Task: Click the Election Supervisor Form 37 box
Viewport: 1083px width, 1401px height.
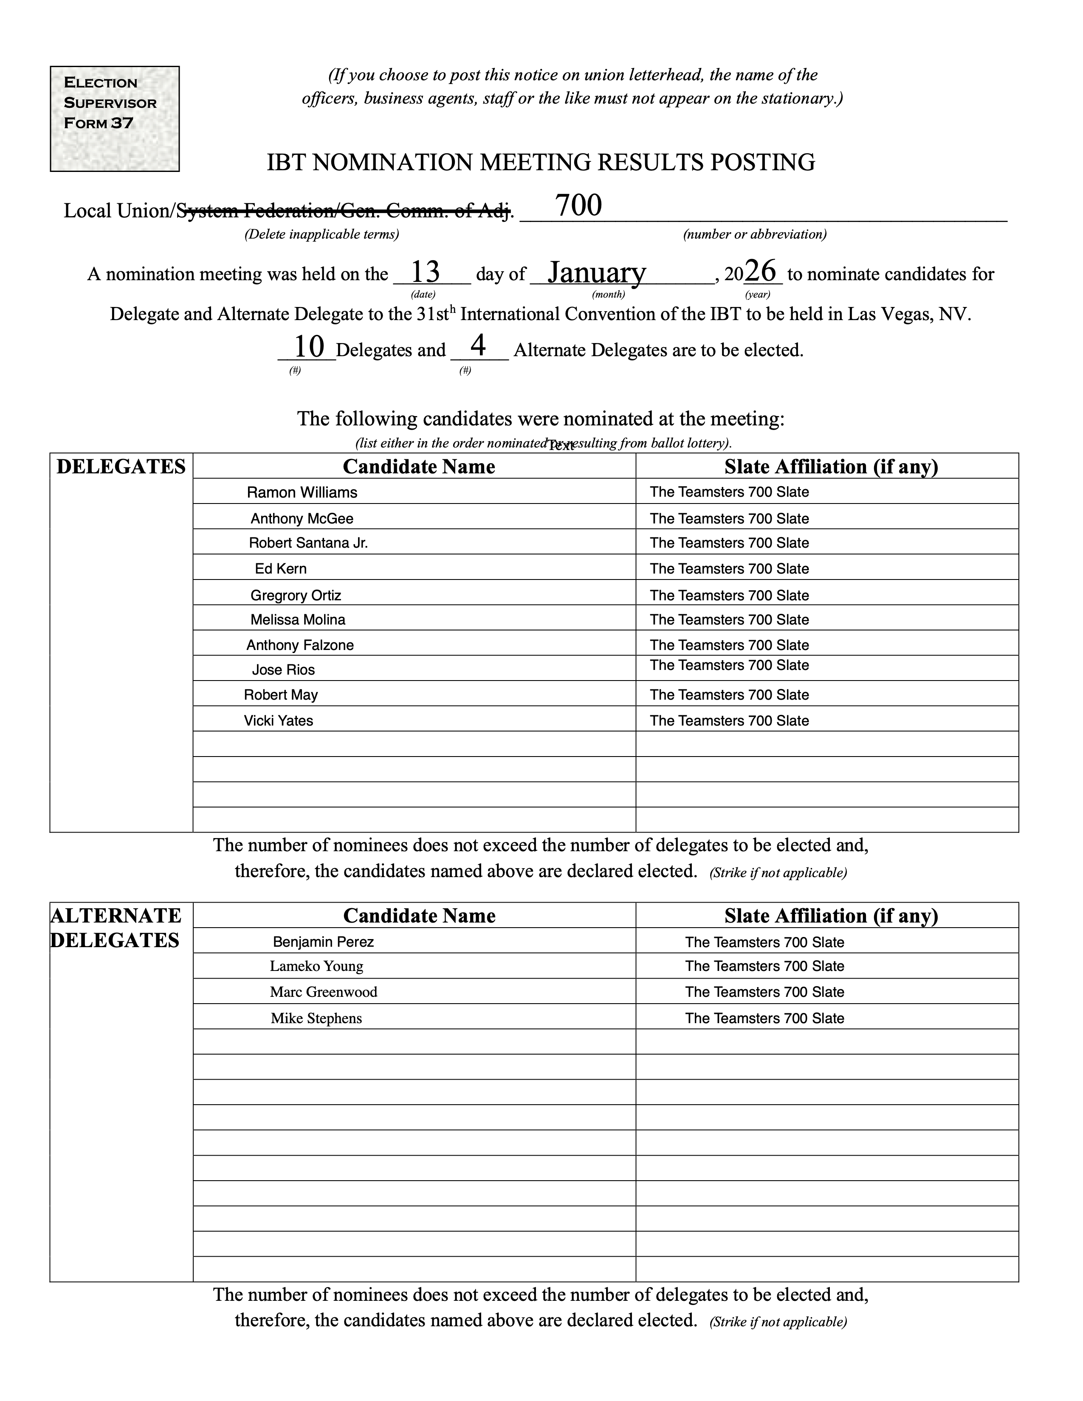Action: pyautogui.click(x=114, y=119)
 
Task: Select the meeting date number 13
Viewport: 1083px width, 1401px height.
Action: pyautogui.click(x=425, y=272)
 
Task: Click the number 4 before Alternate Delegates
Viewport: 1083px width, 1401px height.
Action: pyautogui.click(x=478, y=346)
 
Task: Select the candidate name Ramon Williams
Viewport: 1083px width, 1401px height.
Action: pyautogui.click(x=302, y=492)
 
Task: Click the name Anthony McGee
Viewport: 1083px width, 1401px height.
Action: pyautogui.click(x=302, y=518)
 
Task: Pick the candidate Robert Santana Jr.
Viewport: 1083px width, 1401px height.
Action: pyautogui.click(x=308, y=543)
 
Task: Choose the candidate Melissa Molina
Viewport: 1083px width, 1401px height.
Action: pyautogui.click(x=298, y=620)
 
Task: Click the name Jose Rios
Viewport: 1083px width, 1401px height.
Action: pyautogui.click(x=283, y=670)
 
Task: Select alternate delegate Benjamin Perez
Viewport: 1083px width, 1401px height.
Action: pyautogui.click(x=323, y=942)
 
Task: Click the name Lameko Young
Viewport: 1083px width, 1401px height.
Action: pyautogui.click(x=316, y=966)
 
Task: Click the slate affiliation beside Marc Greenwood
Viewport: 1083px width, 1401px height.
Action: pyautogui.click(x=764, y=992)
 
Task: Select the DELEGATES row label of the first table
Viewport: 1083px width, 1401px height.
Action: pyautogui.click(x=121, y=466)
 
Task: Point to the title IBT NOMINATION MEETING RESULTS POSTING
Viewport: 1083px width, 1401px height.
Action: pyautogui.click(x=541, y=162)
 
